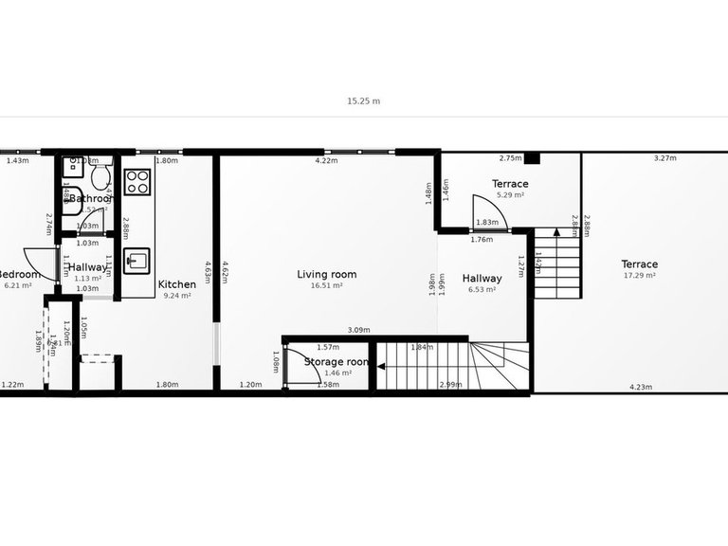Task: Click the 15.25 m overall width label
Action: tap(363, 100)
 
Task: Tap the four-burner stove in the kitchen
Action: tap(136, 181)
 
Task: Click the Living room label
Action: tap(326, 275)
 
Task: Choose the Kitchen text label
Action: tap(176, 284)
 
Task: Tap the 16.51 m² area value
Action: tap(326, 285)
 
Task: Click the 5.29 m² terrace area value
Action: tap(510, 195)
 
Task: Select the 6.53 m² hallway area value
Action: tap(482, 290)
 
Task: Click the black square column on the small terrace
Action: tap(532, 157)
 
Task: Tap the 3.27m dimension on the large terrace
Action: tap(664, 158)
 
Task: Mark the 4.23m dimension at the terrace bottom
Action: tap(641, 386)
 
